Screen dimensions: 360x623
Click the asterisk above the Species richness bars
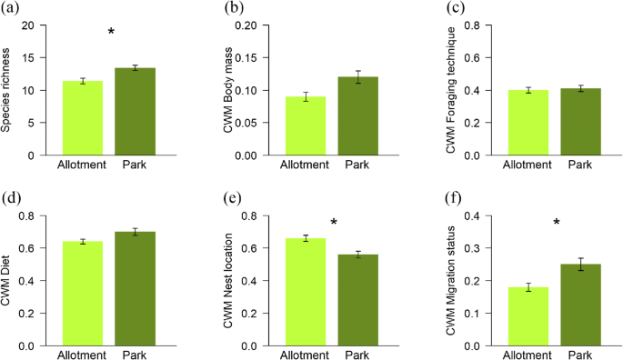[x=111, y=34]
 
